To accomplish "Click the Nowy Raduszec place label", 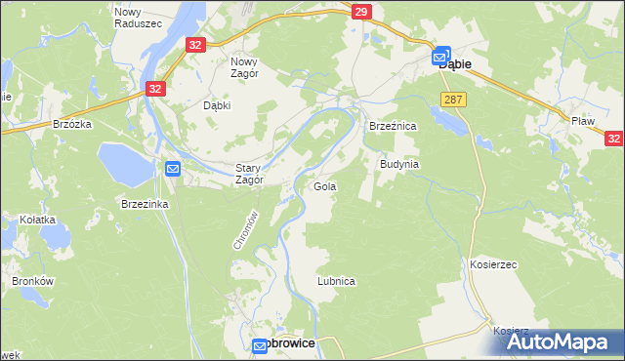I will (x=128, y=18).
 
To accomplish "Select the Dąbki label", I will (x=216, y=105).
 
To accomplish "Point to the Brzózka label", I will (x=73, y=124).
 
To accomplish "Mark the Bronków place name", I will (x=31, y=281).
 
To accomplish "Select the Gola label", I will (x=324, y=185).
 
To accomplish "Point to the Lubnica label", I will (x=336, y=281).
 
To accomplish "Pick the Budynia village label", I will (x=399, y=165).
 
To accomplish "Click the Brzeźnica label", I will (x=393, y=127).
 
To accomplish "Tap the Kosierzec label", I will (x=492, y=264).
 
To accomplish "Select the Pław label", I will (x=583, y=121).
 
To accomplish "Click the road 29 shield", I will (x=361, y=12).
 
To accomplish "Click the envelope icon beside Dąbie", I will (x=442, y=57).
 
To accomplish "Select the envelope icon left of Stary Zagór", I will (x=173, y=169).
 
